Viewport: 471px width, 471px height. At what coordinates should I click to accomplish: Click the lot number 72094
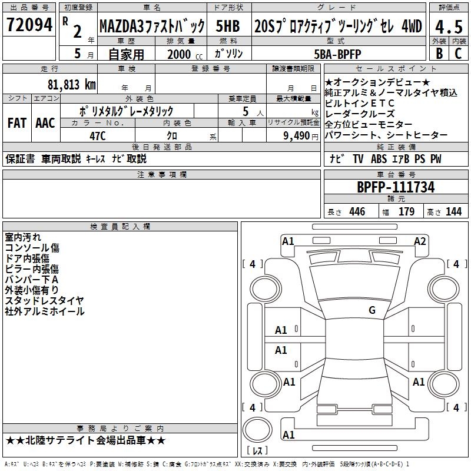tap(29, 25)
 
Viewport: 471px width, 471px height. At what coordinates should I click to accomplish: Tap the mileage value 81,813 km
tap(71, 84)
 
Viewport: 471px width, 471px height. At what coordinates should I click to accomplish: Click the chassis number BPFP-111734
tap(396, 187)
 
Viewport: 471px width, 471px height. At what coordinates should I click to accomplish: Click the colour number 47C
tap(97, 136)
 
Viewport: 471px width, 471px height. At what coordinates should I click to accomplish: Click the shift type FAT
tap(16, 122)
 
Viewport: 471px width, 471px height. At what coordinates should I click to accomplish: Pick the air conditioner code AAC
tap(45, 122)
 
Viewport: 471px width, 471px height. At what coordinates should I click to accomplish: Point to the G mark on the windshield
tap(372, 310)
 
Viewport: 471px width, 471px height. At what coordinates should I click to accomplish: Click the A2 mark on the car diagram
tap(420, 241)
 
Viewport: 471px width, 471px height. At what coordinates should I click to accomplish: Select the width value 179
tap(407, 211)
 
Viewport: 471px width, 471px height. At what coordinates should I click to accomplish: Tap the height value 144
tap(454, 211)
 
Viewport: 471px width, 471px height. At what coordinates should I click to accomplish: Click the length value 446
tap(357, 211)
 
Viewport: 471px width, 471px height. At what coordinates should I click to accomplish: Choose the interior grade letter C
tap(458, 53)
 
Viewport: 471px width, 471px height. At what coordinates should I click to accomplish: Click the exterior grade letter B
tap(439, 53)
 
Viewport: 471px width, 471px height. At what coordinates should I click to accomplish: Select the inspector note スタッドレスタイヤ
tap(44, 301)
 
